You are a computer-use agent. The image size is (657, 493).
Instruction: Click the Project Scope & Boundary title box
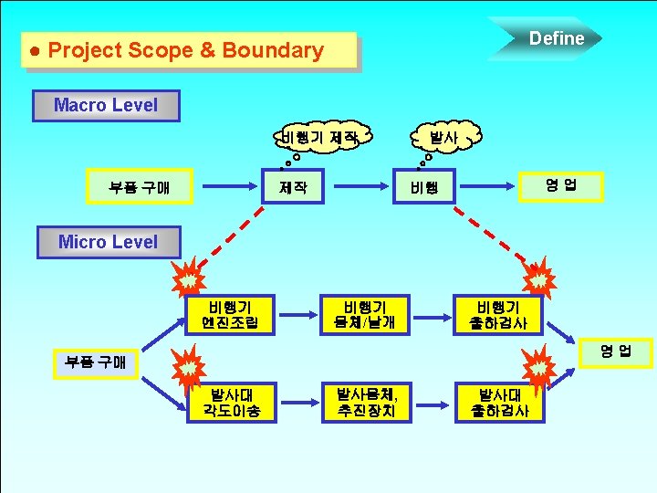188,51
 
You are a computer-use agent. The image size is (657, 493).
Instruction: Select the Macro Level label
106,105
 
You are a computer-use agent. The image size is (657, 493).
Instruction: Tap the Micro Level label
108,242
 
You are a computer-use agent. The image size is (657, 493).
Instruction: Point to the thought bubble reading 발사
443,138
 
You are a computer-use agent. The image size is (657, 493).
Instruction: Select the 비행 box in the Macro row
424,188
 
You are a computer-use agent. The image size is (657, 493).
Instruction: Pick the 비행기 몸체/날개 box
363,315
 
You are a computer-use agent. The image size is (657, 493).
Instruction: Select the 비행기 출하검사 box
497,315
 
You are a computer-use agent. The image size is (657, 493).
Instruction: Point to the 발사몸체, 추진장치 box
363,403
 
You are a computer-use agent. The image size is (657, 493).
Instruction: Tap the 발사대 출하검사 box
497,403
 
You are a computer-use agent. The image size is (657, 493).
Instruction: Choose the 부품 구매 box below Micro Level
95,362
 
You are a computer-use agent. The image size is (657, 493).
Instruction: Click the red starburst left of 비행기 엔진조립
188,279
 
